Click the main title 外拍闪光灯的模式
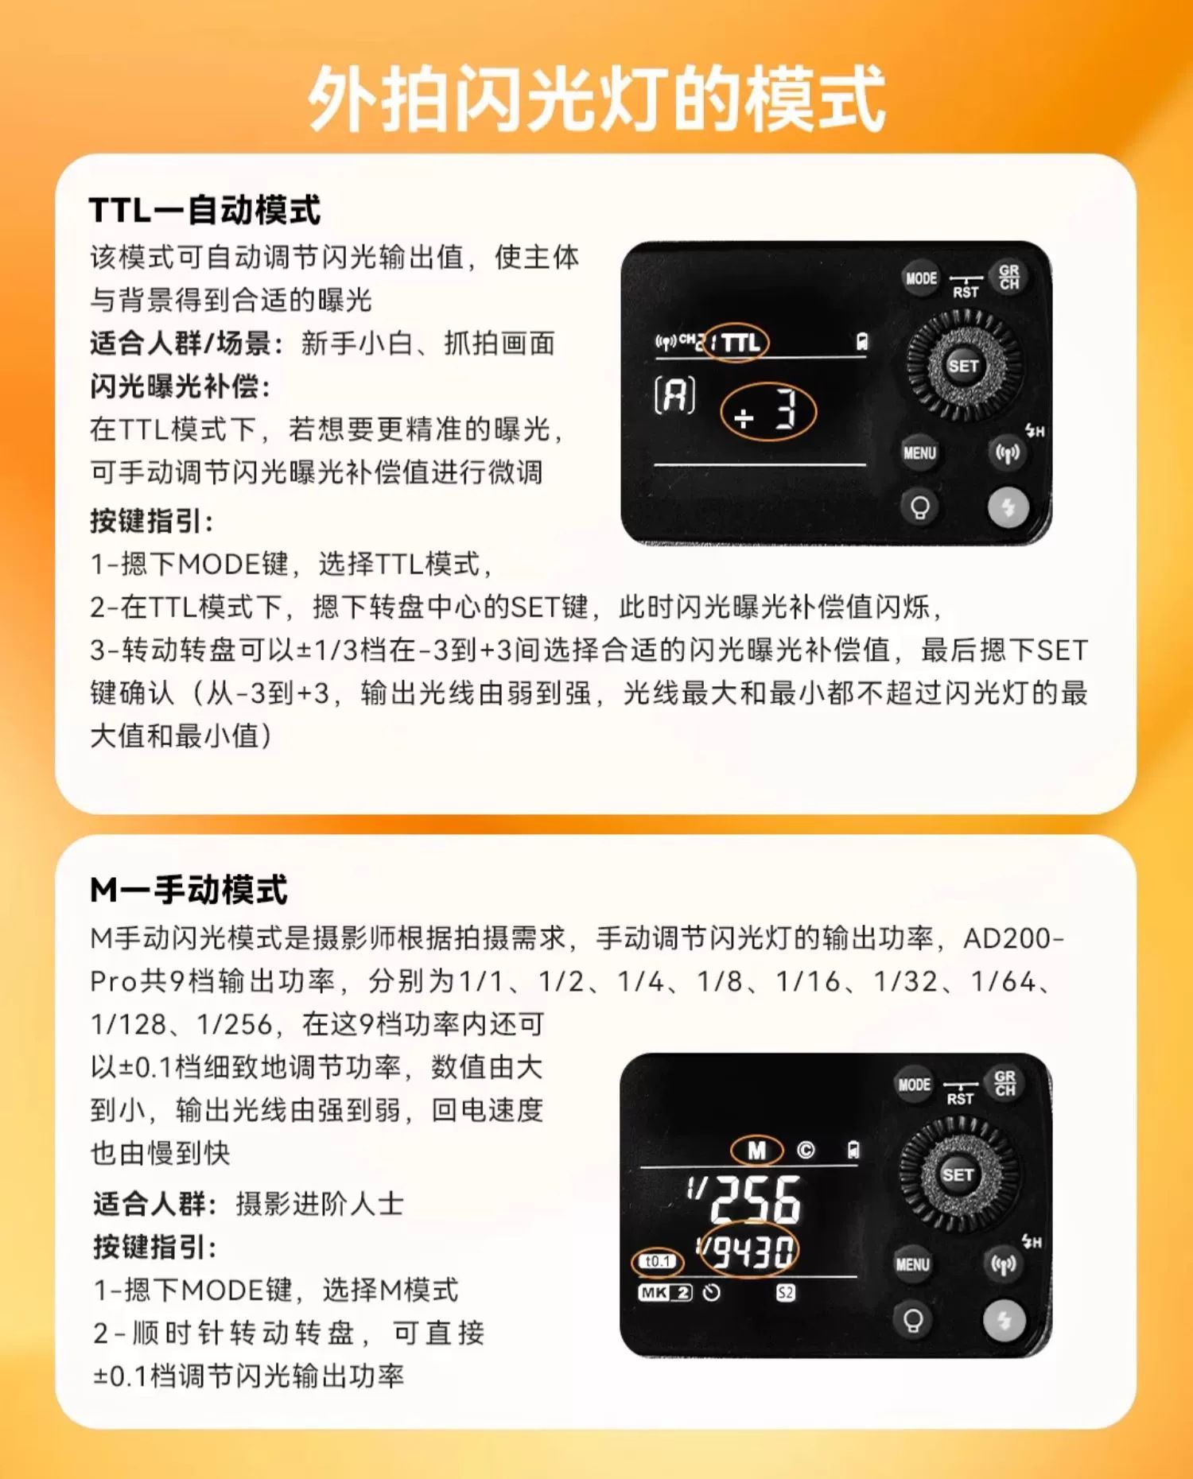[596, 99]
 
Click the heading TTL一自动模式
[204, 211]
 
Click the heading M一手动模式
[188, 890]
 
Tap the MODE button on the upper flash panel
[921, 278]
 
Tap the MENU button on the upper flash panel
[919, 453]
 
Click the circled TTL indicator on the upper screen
[738, 343]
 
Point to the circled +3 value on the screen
[767, 412]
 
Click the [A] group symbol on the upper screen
[674, 395]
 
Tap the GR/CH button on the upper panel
[1008, 278]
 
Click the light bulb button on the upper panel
[920, 507]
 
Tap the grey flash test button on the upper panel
[1008, 507]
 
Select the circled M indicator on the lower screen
[756, 1151]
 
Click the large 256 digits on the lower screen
[756, 1198]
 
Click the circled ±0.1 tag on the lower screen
[658, 1261]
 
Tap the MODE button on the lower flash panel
[914, 1085]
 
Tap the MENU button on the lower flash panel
[912, 1264]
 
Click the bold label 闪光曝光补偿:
[181, 386]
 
